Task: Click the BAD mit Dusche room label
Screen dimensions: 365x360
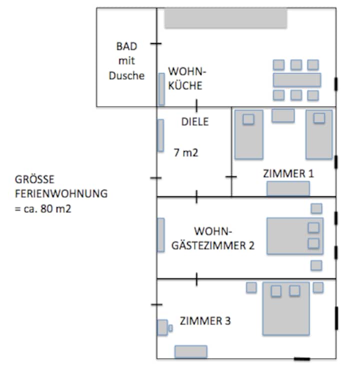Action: point(126,61)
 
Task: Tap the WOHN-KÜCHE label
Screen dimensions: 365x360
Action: point(185,78)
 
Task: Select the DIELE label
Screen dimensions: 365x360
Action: point(195,121)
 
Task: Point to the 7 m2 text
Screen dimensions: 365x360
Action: point(186,153)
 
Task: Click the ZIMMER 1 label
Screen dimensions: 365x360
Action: point(288,173)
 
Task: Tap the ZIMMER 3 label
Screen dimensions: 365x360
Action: point(205,321)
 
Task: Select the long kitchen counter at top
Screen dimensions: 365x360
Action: point(226,18)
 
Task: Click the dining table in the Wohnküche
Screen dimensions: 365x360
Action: point(296,80)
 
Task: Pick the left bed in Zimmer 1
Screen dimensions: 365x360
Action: point(249,134)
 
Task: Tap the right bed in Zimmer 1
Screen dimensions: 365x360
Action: point(319,134)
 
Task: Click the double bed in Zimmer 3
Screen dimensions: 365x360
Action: point(288,310)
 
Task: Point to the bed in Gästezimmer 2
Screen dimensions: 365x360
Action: point(294,235)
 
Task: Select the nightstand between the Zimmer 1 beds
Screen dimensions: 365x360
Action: point(283,115)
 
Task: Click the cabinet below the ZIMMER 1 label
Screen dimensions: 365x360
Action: point(288,188)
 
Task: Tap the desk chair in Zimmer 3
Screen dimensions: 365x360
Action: point(162,327)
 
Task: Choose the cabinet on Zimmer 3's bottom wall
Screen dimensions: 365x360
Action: point(190,351)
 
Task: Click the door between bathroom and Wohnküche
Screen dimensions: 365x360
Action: point(156,44)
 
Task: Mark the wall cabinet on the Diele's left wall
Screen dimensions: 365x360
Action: point(160,135)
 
